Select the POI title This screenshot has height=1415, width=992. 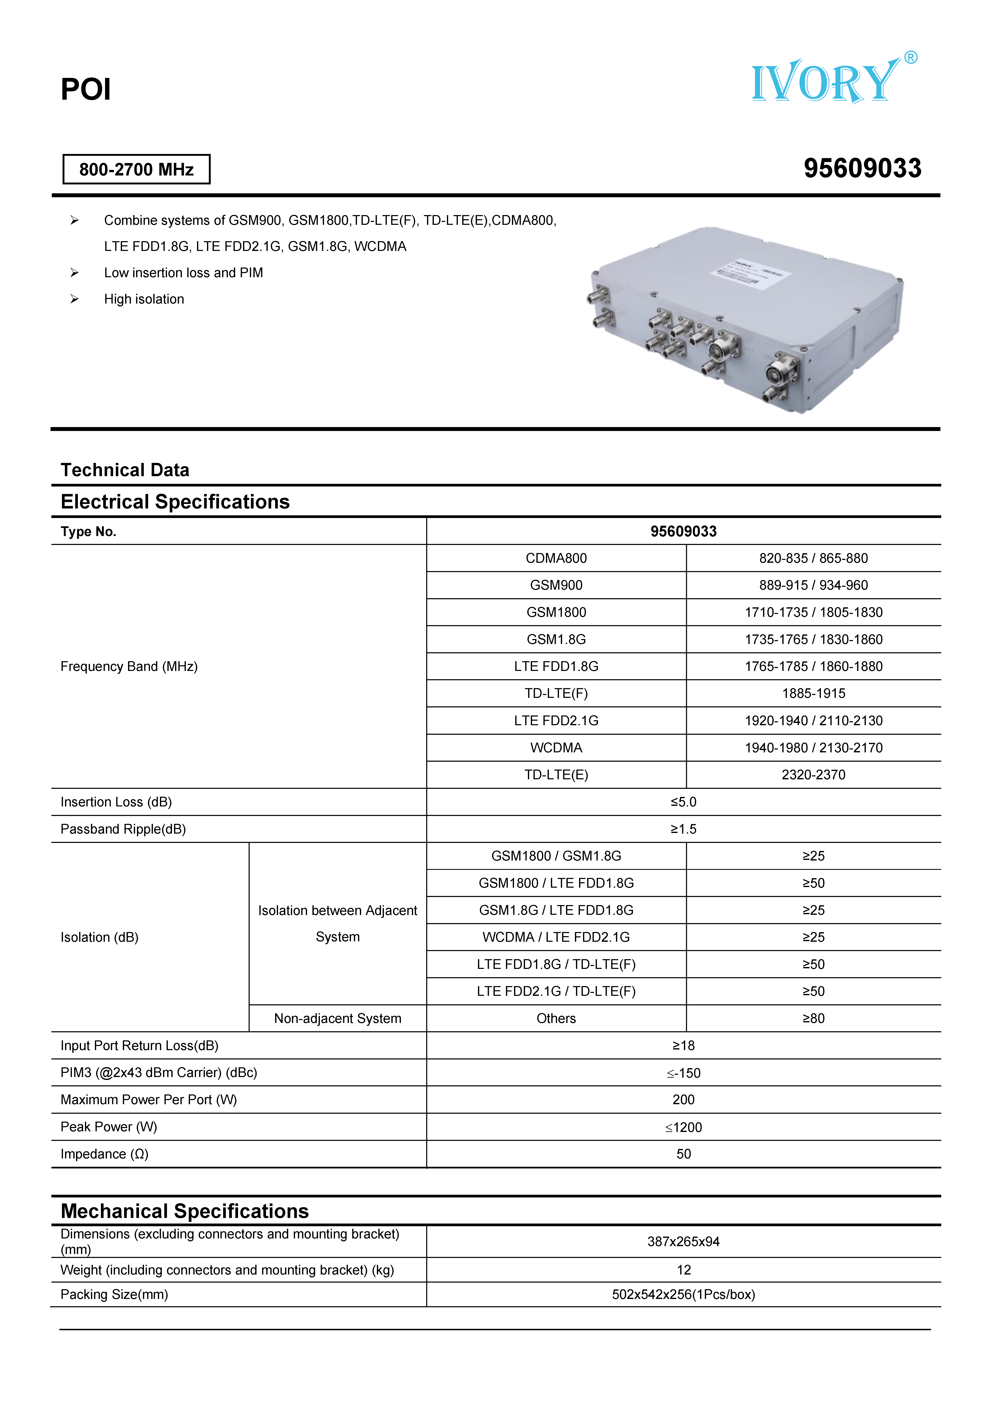point(86,89)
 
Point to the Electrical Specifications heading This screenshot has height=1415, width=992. point(175,502)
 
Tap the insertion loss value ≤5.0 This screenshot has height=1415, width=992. point(683,802)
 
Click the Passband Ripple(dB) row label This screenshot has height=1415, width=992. point(123,829)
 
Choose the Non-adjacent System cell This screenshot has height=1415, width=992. point(338,1018)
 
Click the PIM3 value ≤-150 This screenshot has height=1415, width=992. point(683,1073)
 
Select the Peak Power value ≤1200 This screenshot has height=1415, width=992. point(683,1127)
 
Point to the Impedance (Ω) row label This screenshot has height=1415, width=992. point(105,1154)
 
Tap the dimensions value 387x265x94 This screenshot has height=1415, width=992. point(683,1241)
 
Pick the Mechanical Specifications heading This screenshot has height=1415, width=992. point(185,1211)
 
